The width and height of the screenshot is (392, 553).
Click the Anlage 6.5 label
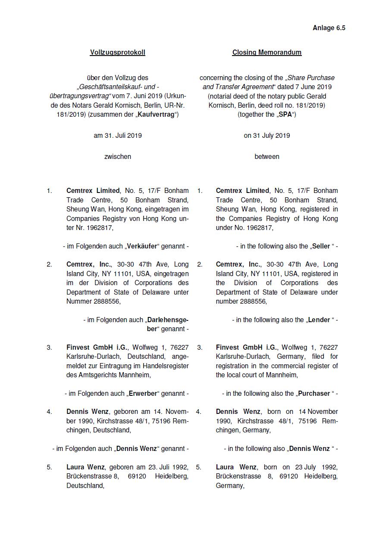pyautogui.click(x=329, y=28)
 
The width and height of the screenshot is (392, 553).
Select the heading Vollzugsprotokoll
pyautogui.click(x=117, y=53)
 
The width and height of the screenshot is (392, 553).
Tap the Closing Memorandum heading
pyautogui.click(x=267, y=53)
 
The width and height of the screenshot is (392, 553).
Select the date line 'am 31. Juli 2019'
pyautogui.click(x=117, y=136)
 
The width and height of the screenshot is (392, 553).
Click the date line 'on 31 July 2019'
pyautogui.click(x=267, y=136)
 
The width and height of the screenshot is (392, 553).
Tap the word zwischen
pyautogui.click(x=117, y=157)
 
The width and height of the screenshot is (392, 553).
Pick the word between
pyautogui.click(x=267, y=157)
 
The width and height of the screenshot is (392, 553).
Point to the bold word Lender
pyautogui.click(x=319, y=320)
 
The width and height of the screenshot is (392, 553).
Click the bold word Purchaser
pyautogui.click(x=314, y=394)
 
